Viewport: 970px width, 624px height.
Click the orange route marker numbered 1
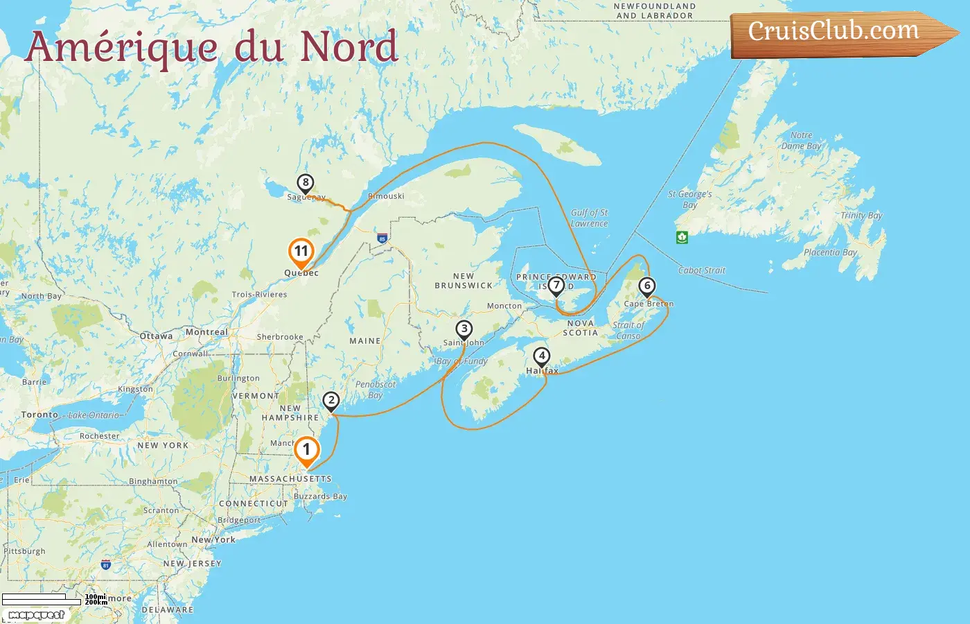[306, 450]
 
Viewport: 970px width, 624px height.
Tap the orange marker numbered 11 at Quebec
[301, 252]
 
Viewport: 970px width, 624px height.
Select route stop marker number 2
[331, 400]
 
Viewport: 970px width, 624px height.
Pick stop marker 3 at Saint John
[464, 329]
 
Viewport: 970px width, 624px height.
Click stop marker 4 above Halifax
[542, 356]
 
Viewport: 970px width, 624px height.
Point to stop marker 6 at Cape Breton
[647, 286]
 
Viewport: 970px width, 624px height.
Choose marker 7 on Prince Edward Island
[556, 285]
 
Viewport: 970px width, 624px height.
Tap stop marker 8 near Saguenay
[305, 183]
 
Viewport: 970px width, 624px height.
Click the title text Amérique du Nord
[211, 47]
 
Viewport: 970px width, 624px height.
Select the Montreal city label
[206, 332]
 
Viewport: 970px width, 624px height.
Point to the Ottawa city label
[157, 336]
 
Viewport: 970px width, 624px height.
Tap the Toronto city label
[39, 415]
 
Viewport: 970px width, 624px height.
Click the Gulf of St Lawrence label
[589, 218]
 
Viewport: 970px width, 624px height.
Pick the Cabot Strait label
[702, 270]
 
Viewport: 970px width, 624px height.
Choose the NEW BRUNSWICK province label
[464, 281]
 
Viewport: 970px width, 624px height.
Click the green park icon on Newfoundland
[682, 237]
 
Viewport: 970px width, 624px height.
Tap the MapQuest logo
[37, 615]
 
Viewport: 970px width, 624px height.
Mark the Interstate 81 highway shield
[106, 565]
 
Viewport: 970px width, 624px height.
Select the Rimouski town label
[387, 196]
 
